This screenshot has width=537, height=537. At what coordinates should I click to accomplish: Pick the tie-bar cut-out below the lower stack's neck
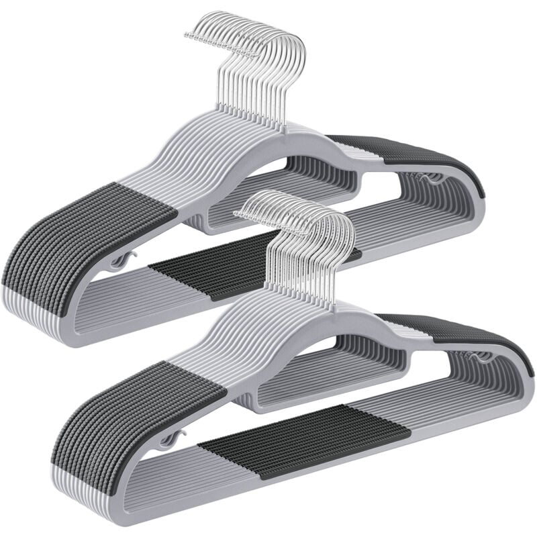click(329, 362)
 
